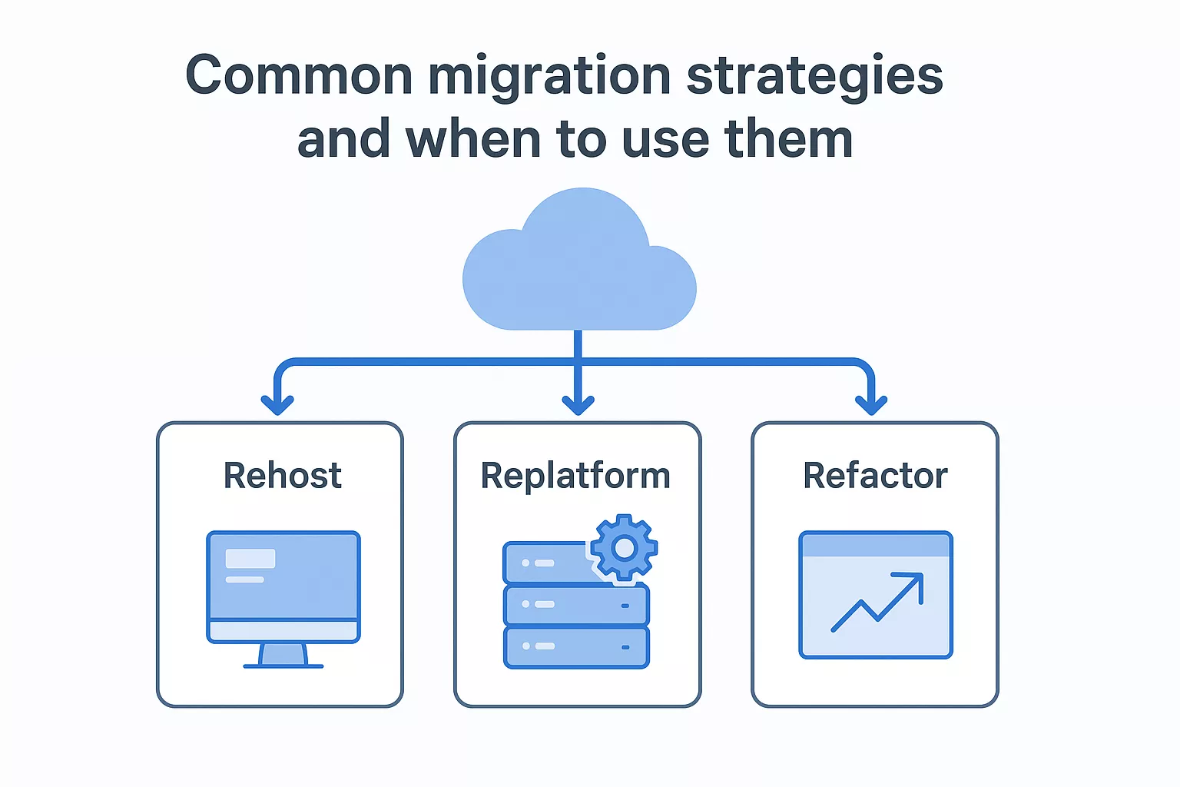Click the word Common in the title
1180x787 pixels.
pos(300,76)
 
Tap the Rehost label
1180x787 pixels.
pos(282,476)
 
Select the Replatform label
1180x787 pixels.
pos(575,476)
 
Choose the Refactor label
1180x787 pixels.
pos(875,476)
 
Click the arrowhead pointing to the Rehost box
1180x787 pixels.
pos(277,403)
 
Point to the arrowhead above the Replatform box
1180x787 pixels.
pos(578,403)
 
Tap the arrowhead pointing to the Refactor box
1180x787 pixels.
pos(871,403)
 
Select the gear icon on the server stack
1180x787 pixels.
pos(625,547)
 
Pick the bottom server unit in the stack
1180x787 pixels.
pos(576,647)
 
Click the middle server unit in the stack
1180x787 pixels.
pos(576,605)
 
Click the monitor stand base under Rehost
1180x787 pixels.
pos(283,664)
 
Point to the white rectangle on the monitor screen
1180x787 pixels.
pos(250,559)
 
